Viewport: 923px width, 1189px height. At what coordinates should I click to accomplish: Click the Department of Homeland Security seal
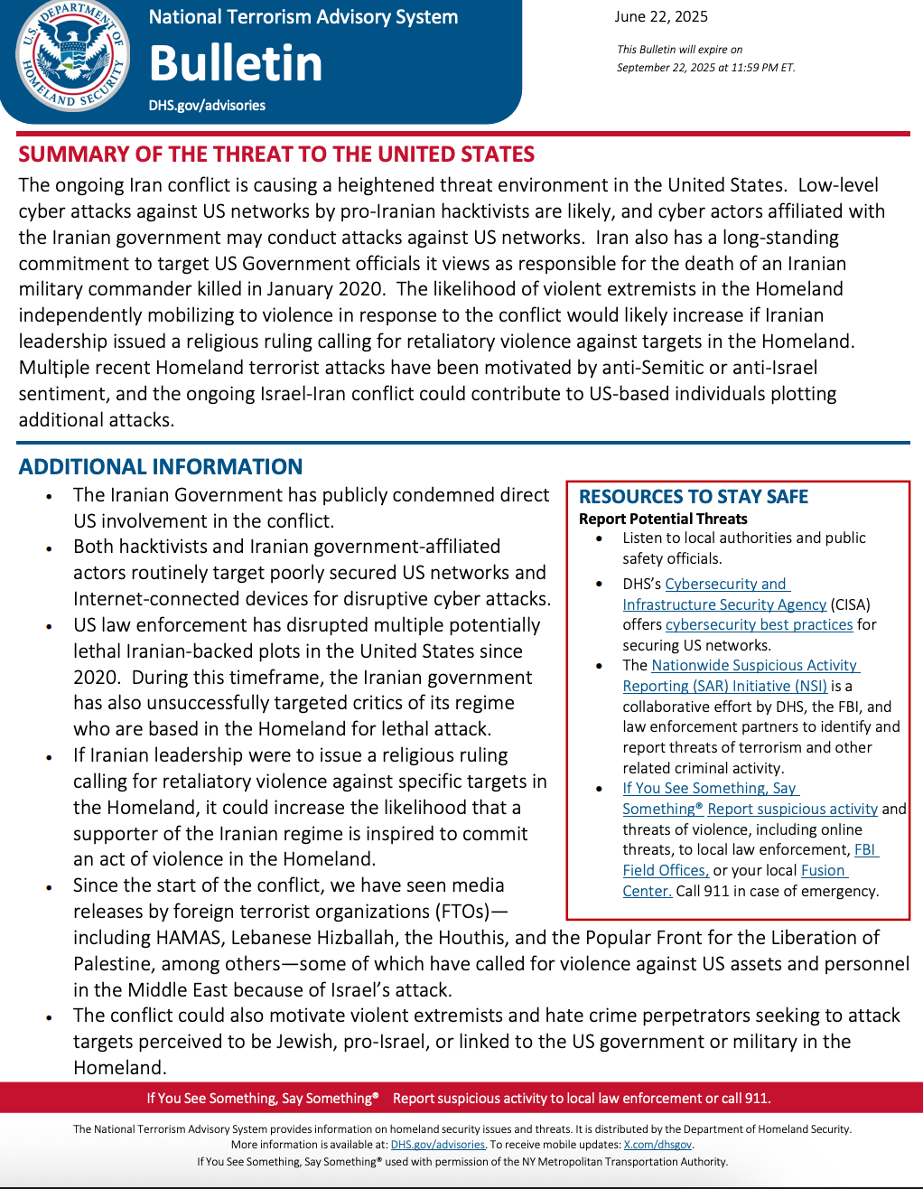(x=72, y=56)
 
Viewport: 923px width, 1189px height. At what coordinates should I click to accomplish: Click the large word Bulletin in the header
(x=236, y=63)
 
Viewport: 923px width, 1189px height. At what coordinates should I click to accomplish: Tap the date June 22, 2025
(x=661, y=16)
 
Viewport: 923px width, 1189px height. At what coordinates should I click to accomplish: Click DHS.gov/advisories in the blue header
(x=207, y=105)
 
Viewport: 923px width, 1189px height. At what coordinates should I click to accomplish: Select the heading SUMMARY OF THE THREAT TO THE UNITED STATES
(x=276, y=154)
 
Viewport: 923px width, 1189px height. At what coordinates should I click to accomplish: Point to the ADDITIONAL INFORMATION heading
(x=161, y=467)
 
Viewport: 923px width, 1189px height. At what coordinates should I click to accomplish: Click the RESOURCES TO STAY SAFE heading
(x=694, y=497)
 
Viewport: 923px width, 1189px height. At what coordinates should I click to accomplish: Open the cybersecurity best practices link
(x=759, y=624)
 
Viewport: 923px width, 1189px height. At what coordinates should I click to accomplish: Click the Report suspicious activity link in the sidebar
(x=792, y=809)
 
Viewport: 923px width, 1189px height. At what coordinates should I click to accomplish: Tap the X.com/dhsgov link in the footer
(x=657, y=1145)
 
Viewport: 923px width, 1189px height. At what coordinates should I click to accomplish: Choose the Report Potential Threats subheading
(x=663, y=519)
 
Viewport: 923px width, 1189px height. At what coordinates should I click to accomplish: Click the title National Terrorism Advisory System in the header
(x=303, y=17)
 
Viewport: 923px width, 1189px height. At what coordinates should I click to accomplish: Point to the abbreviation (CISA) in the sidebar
(x=851, y=604)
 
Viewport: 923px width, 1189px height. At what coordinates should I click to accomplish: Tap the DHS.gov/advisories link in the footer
(x=437, y=1145)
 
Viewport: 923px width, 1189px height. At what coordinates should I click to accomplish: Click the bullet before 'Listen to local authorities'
(x=599, y=538)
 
